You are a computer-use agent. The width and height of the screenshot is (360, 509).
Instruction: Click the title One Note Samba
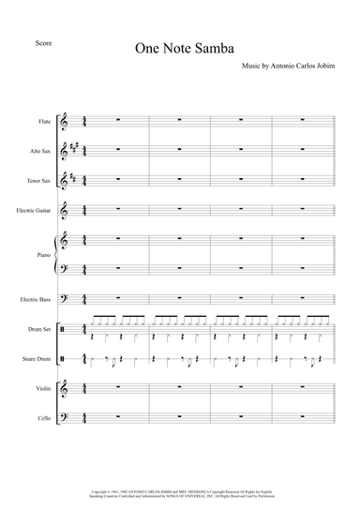click(183, 51)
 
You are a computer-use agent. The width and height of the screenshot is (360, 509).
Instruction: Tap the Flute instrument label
click(43, 120)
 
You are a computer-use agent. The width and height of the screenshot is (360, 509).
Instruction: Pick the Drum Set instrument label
click(39, 330)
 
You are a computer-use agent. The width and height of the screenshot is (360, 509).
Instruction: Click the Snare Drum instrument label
click(37, 359)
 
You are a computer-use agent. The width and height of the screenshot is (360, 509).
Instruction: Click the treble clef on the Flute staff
click(65, 121)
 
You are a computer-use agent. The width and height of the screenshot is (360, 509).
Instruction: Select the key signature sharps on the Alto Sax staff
click(75, 149)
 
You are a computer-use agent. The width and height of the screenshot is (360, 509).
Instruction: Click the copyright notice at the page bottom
click(180, 492)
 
